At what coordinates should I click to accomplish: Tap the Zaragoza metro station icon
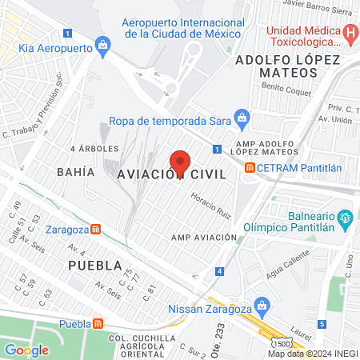tap(96, 228)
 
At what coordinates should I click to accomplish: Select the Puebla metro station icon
tap(98, 323)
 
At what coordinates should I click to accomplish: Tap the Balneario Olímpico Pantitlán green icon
tap(345, 216)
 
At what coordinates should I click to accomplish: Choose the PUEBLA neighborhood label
tap(95, 265)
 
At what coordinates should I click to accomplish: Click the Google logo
tap(26, 350)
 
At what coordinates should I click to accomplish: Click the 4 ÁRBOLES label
tap(94, 149)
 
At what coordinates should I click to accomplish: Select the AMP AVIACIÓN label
tap(205, 237)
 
